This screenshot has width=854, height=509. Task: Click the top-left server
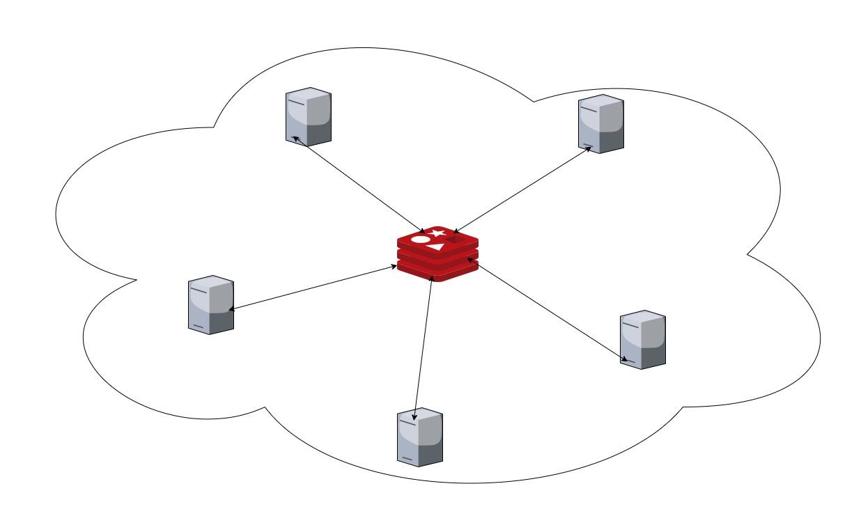point(308,116)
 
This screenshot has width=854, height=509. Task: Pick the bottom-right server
point(642,339)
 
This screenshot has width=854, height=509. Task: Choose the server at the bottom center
point(419,437)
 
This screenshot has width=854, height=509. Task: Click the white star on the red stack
point(437,233)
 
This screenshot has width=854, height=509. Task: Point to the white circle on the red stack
point(421,240)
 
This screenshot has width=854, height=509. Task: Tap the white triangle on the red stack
point(437,246)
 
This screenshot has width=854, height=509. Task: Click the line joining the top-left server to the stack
point(362,185)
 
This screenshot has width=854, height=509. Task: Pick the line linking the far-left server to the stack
point(313,287)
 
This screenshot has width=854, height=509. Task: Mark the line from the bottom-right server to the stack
point(547,310)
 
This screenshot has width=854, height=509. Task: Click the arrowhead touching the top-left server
point(296,139)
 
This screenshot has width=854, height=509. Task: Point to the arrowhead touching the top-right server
point(588,149)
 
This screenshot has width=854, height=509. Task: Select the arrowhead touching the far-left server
point(232,309)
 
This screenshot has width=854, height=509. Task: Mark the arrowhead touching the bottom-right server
point(626,360)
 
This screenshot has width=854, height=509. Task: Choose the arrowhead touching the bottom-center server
point(417,415)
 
